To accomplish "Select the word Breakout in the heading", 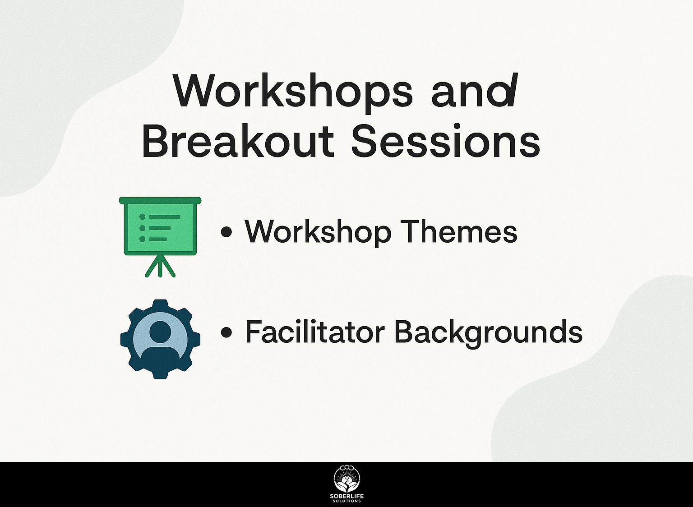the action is point(238,141).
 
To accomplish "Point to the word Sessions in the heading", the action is point(445,141).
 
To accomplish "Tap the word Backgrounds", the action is point(489,333).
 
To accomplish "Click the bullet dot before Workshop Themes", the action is point(226,232).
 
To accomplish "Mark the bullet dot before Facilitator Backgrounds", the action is point(226,332).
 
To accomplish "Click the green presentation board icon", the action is point(160,237).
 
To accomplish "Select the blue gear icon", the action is point(160,339).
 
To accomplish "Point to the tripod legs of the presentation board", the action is point(160,267).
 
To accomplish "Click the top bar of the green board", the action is point(160,200).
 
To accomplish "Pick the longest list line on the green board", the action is point(165,217).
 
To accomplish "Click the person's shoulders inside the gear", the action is point(160,353).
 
